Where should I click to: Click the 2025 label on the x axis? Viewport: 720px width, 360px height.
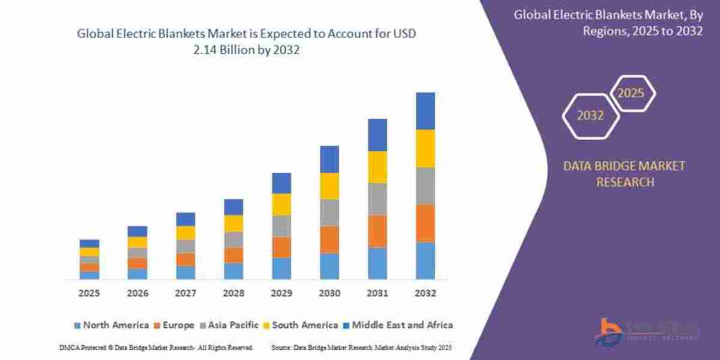click(89, 294)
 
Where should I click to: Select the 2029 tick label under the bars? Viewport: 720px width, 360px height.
click(281, 294)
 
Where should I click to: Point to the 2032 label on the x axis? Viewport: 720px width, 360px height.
click(425, 294)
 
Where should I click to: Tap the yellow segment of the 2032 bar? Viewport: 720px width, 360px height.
click(425, 148)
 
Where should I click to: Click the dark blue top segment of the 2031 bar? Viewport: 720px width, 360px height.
click(377, 135)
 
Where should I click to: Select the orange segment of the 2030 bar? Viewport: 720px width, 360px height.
click(329, 239)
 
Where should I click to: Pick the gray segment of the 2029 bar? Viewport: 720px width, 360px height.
click(281, 226)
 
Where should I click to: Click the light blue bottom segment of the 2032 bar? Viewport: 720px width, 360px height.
click(425, 260)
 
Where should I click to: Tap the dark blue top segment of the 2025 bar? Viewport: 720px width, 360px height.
click(89, 243)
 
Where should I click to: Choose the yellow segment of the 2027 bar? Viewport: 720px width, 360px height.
click(185, 233)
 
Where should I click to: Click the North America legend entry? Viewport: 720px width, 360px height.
click(110, 325)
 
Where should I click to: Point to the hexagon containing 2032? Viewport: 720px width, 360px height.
click(590, 116)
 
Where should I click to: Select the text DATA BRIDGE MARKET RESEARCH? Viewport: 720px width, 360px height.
click(624, 173)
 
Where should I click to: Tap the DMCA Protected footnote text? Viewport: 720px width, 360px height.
click(156, 347)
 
